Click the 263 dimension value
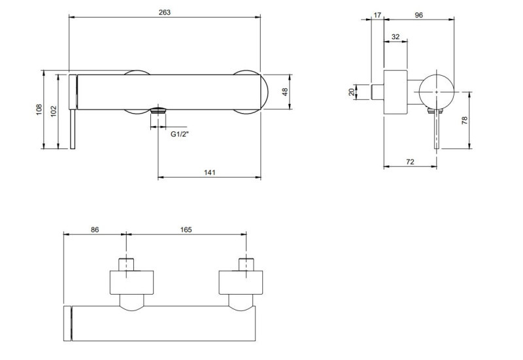[x=165, y=12]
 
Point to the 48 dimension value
[x=285, y=92]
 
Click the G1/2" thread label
[x=180, y=134]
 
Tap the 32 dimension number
[x=396, y=37]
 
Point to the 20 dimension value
[x=352, y=92]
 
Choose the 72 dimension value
[x=410, y=161]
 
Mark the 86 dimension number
[x=94, y=229]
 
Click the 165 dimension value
[x=185, y=229]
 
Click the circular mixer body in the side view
[x=437, y=91]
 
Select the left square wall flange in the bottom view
[x=132, y=282]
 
